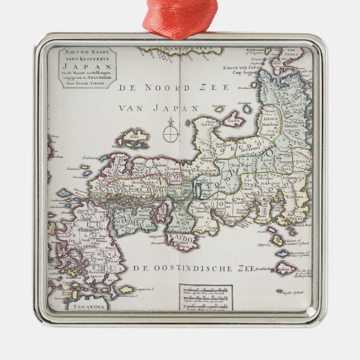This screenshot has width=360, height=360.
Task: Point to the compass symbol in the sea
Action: pos(169,132)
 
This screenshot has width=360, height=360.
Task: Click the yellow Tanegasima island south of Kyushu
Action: pos(126,290)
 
